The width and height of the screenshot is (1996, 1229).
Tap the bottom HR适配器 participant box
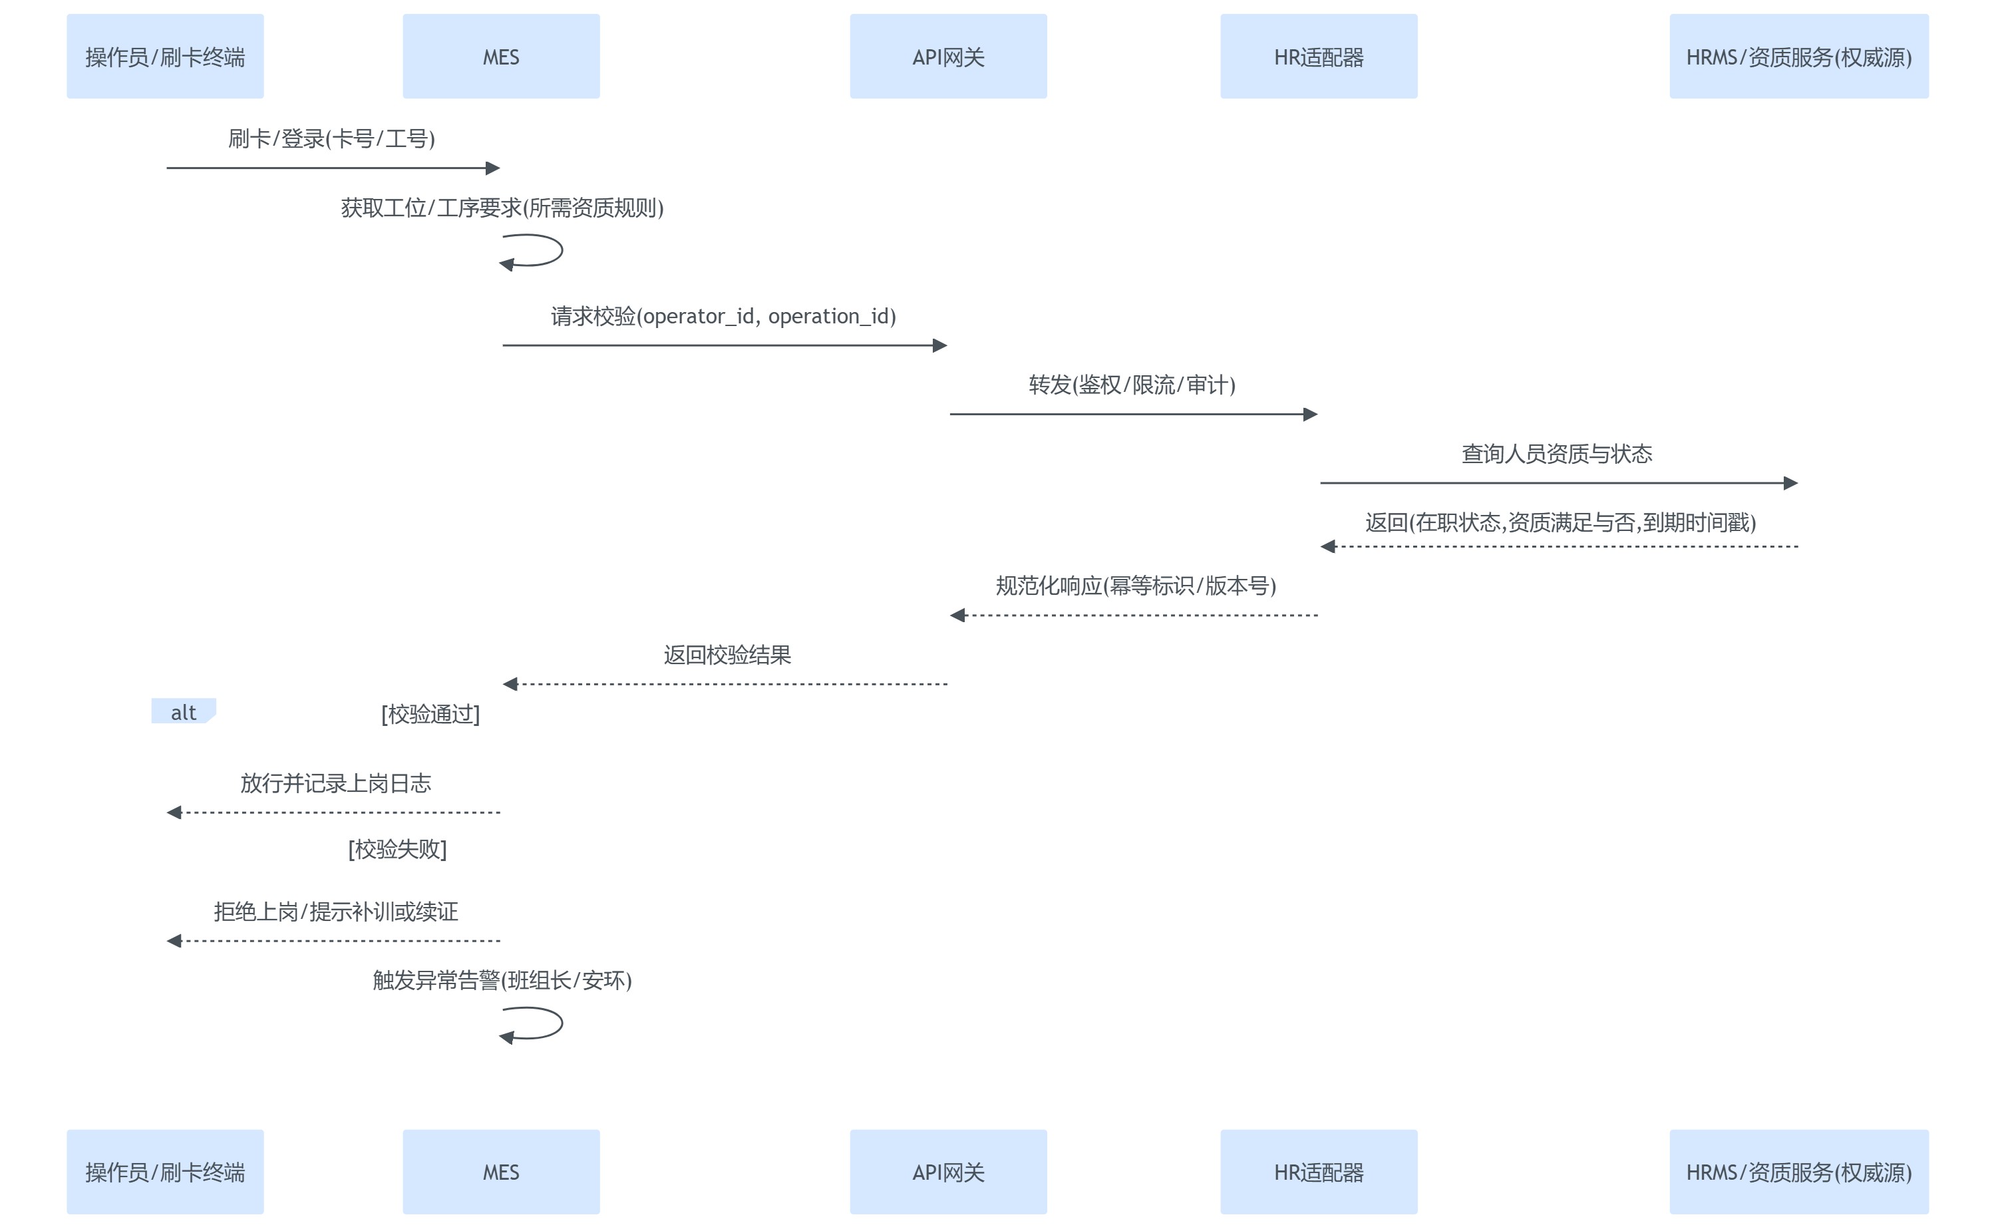pos(1318,1171)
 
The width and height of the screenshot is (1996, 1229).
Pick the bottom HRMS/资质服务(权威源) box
pos(1798,1171)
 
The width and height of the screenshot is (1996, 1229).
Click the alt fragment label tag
pos(184,712)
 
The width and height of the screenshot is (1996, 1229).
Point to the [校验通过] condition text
pos(430,714)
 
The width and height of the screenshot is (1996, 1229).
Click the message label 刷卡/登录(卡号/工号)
pos(331,138)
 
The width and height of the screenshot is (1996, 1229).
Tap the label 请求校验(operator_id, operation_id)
pos(723,315)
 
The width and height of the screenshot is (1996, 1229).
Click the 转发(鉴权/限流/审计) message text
pos(1132,385)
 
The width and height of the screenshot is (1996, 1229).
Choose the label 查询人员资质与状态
pos(1556,454)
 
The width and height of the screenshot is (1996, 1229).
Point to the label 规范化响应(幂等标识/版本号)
pos(1135,586)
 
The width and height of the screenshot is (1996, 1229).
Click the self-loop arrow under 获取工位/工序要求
pos(537,250)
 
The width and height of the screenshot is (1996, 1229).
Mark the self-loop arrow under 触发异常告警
pos(537,1023)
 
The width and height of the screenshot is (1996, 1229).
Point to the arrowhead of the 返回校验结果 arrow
pos(511,685)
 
